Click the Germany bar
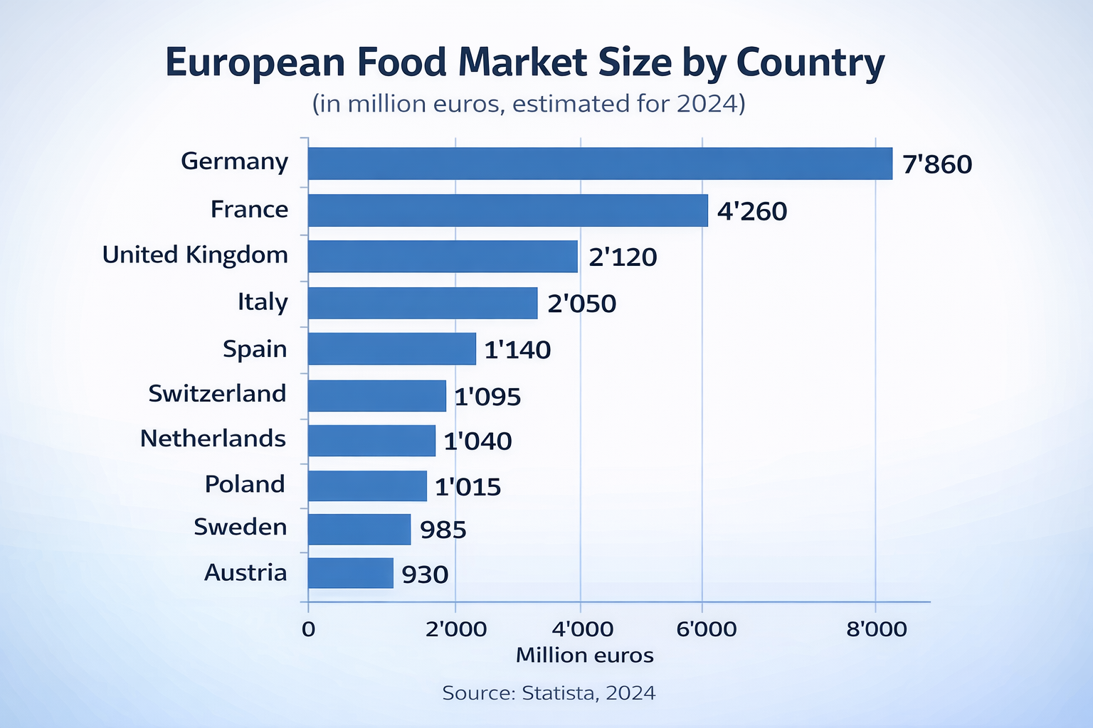click(x=600, y=164)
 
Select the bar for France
click(x=508, y=210)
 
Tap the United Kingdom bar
click(x=443, y=256)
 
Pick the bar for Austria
click(x=351, y=573)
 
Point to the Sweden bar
click(x=359, y=529)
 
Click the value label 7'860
click(x=937, y=164)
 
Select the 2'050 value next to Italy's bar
click(x=581, y=304)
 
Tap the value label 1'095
click(x=487, y=396)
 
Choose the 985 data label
click(x=443, y=530)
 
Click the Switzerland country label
click(x=217, y=393)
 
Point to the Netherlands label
click(x=213, y=438)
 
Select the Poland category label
click(x=245, y=483)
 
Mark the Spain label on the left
click(x=255, y=348)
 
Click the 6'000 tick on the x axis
click(x=706, y=628)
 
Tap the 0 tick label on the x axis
click(x=308, y=628)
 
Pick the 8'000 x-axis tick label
click(x=877, y=628)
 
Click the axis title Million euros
click(x=584, y=655)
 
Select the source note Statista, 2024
click(x=549, y=692)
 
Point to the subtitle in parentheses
click(x=528, y=104)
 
